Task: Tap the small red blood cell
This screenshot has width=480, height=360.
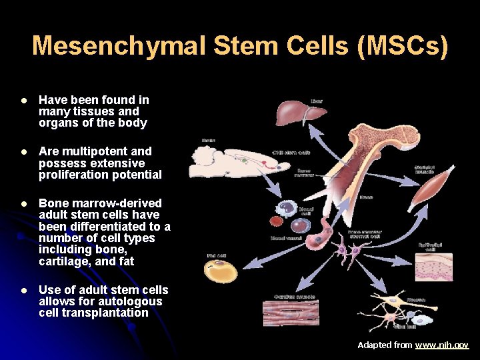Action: point(276,221)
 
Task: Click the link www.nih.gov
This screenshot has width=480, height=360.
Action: point(442,345)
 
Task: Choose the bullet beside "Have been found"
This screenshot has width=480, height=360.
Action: point(23,100)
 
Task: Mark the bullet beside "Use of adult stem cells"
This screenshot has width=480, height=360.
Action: point(23,290)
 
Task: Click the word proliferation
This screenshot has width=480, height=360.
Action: point(72,175)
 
